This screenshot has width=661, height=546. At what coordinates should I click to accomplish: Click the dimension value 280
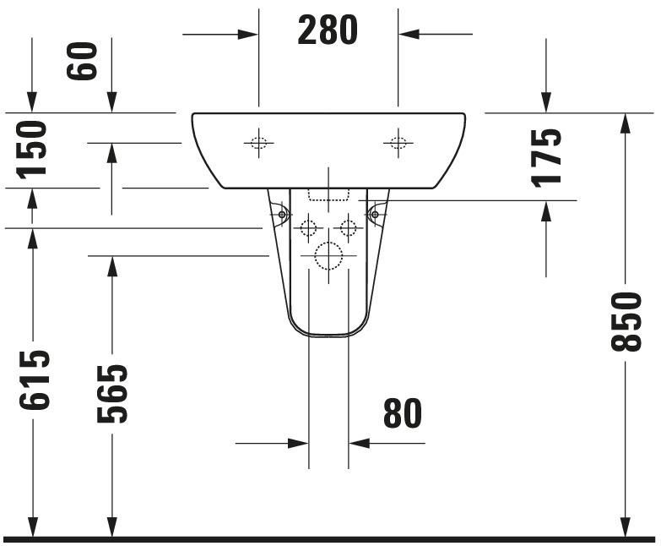328,31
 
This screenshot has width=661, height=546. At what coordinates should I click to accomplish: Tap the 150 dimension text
32,149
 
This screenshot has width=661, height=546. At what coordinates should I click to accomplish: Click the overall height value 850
626,321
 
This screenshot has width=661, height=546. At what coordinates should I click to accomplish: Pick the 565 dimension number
111,393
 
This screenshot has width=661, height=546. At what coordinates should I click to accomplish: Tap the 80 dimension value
402,413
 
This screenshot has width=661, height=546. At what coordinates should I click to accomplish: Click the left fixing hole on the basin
259,143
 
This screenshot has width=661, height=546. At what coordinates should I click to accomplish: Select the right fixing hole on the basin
398,143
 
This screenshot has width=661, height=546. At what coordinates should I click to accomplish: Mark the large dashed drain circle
328,255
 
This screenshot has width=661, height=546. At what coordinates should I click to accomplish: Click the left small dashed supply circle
308,227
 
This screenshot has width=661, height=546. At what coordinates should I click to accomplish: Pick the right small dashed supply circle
348,227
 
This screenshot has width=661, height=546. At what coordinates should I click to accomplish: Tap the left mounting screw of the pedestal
282,215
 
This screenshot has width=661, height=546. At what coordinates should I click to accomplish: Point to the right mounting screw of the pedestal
375,215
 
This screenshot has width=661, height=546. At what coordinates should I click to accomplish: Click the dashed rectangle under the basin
328,195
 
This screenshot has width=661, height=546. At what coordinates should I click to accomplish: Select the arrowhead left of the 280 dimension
248,35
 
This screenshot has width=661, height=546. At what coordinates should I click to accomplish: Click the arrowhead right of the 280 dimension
409,35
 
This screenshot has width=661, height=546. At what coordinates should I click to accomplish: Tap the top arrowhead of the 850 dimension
626,123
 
